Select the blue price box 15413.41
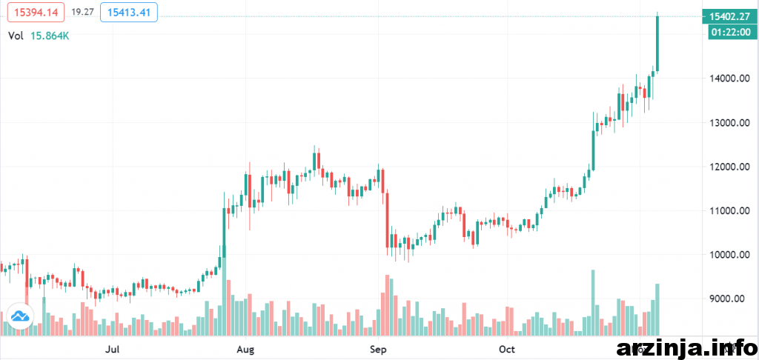135,12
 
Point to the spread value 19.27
82,12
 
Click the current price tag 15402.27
729,16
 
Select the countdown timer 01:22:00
729,32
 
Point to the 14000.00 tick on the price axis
728,79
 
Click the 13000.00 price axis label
728,122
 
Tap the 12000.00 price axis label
728,167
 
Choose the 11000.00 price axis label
728,210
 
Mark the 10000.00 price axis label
728,255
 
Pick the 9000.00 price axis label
728,299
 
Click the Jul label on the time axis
113,347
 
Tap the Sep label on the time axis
379,347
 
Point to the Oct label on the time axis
507,347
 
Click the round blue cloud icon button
20,316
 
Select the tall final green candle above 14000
657,43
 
